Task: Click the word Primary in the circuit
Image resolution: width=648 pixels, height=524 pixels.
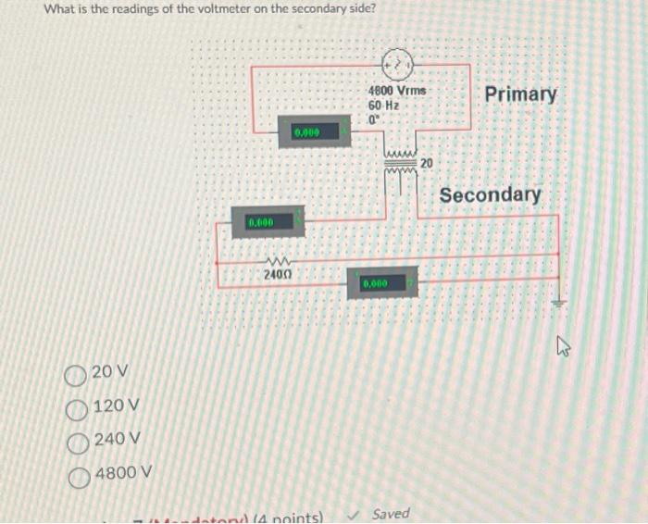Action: click(520, 94)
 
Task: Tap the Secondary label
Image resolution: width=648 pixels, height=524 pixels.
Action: click(490, 195)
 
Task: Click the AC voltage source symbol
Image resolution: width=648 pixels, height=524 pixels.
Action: click(395, 65)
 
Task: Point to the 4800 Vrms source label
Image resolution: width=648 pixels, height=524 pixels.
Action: click(398, 92)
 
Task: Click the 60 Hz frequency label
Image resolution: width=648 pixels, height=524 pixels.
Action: click(383, 106)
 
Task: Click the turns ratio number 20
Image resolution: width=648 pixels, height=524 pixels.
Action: click(426, 163)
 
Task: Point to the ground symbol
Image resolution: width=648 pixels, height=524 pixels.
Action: click(559, 302)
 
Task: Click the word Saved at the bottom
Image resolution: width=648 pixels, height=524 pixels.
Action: click(390, 514)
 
